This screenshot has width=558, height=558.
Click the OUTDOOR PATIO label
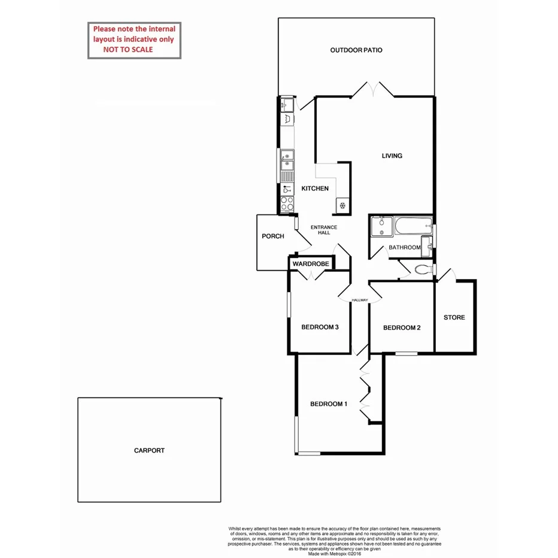pyautogui.click(x=356, y=50)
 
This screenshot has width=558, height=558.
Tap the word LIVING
pyautogui.click(x=392, y=156)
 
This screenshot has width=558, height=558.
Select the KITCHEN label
pyautogui.click(x=314, y=189)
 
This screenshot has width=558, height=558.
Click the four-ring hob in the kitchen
pyautogui.click(x=287, y=204)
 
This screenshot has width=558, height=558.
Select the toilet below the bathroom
pyautogui.click(x=423, y=269)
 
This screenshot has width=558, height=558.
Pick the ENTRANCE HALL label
pyautogui.click(x=324, y=230)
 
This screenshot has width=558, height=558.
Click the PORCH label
pyautogui.click(x=273, y=236)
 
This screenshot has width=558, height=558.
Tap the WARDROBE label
pyautogui.click(x=311, y=263)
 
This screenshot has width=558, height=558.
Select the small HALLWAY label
pyautogui.click(x=359, y=301)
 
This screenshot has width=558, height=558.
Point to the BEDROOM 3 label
pyautogui.click(x=320, y=327)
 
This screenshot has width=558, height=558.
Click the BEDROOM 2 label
pyautogui.click(x=402, y=327)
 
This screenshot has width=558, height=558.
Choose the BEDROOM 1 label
pyautogui.click(x=328, y=404)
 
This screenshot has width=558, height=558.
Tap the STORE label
pyautogui.click(x=454, y=317)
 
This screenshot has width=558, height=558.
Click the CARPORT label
pyautogui.click(x=149, y=450)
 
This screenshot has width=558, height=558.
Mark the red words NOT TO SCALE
pyautogui.click(x=128, y=50)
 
